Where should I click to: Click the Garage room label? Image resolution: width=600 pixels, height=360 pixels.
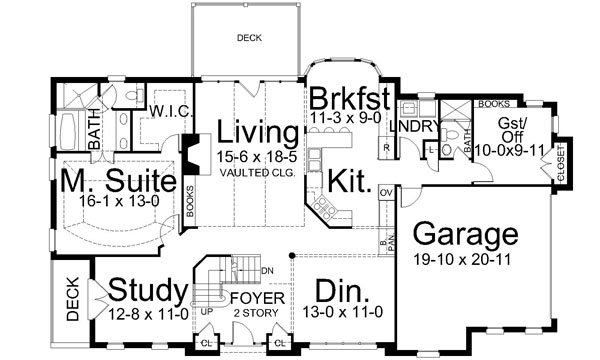click(x=467, y=236)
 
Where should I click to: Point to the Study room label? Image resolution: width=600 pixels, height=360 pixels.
click(x=147, y=289)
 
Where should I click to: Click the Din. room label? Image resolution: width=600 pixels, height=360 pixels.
click(x=342, y=291)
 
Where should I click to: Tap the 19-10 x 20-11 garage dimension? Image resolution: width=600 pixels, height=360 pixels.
click(x=467, y=257)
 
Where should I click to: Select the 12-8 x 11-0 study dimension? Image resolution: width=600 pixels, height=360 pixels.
click(x=147, y=311)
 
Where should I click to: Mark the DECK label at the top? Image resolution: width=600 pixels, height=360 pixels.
click(x=249, y=39)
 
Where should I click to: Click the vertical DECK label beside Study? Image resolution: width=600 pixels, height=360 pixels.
click(x=73, y=299)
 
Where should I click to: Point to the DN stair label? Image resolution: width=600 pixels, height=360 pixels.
click(x=267, y=270)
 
